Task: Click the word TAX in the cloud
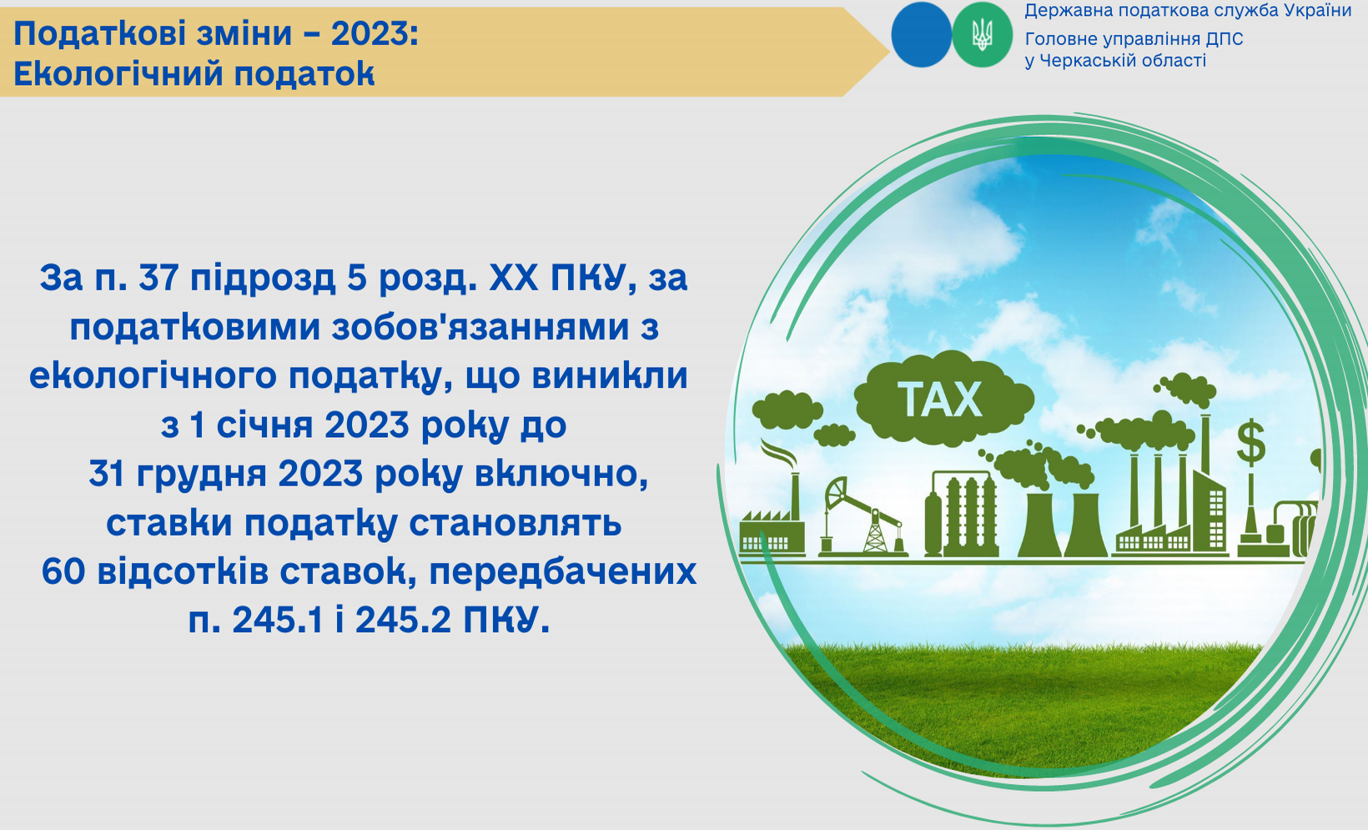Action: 941,400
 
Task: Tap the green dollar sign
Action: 1250,441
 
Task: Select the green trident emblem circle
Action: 982,35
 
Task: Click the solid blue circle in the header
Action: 922,35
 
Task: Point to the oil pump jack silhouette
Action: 863,516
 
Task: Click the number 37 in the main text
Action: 158,279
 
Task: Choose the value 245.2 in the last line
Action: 404,621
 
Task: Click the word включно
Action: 561,475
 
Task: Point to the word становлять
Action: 516,523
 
